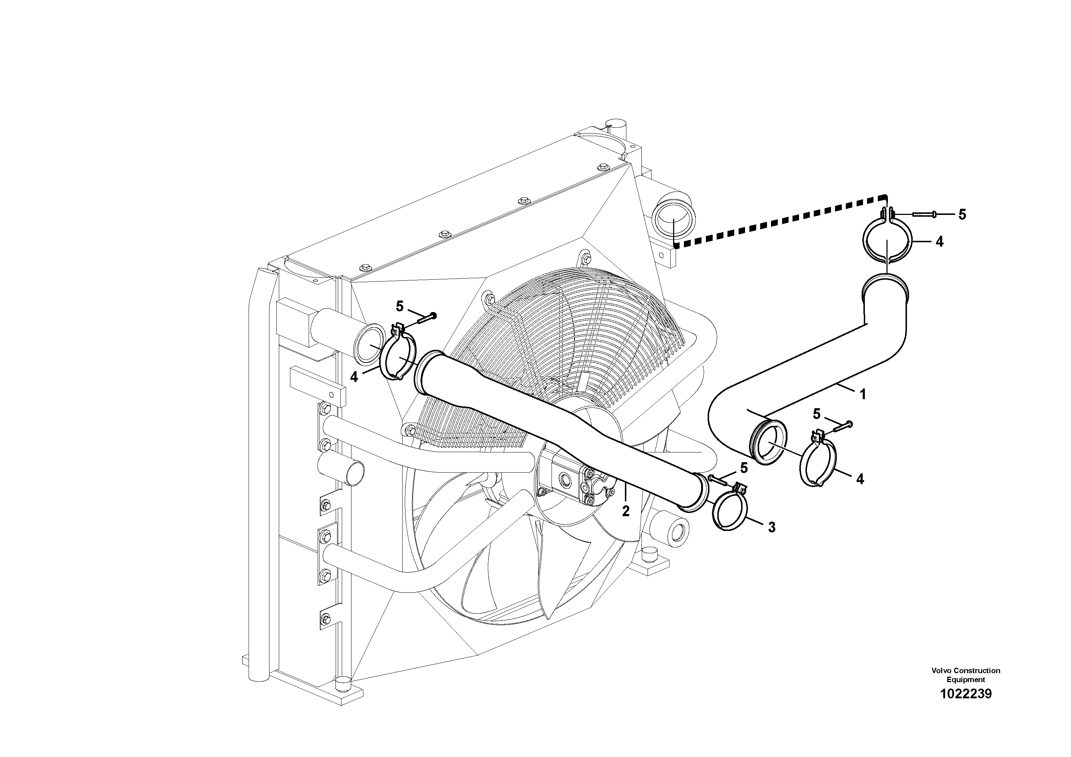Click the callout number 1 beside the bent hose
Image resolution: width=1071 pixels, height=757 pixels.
click(863, 395)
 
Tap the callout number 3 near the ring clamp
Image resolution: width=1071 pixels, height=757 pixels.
click(772, 527)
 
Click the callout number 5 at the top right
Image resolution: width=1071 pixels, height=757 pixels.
click(962, 214)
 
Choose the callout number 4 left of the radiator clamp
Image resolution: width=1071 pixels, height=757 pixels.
click(354, 377)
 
